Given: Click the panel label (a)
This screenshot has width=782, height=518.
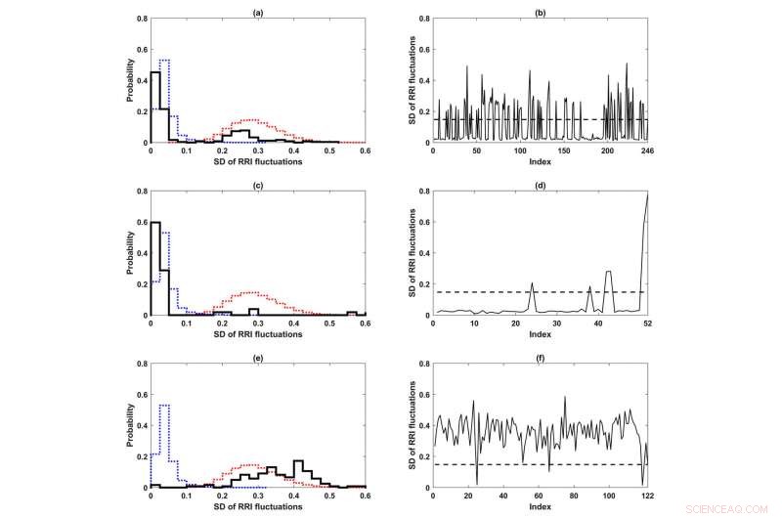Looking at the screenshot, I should pos(257,11).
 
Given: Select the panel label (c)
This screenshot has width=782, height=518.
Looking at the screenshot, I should pos(257,183).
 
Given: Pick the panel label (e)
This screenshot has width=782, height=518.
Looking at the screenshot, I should pos(257,355).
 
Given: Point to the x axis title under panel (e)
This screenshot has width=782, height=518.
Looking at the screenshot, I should pos(257,506).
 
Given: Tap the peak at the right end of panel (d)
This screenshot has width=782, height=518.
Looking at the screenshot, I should pos(645,195).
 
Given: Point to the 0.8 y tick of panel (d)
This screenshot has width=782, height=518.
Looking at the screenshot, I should pos(422,192).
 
